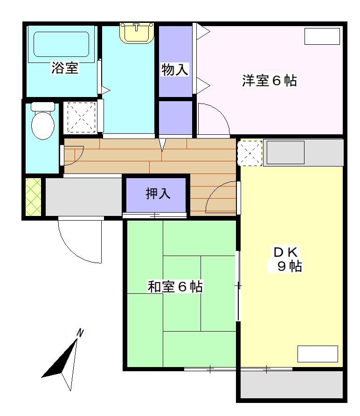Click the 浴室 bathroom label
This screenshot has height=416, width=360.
point(65,69)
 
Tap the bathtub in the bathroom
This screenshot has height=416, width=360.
point(62,45)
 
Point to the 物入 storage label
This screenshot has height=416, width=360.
point(175,70)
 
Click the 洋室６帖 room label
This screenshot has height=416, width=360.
point(269,81)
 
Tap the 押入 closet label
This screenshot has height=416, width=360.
point(158,194)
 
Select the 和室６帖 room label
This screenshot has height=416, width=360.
point(175,287)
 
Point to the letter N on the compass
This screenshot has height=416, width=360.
point(80,333)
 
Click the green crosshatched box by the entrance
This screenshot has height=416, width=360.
point(34,197)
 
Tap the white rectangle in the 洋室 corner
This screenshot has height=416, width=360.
point(322,36)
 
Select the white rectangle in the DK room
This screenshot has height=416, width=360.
point(318,354)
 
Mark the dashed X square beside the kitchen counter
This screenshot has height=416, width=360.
point(250,152)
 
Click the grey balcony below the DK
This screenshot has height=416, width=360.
point(292,385)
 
